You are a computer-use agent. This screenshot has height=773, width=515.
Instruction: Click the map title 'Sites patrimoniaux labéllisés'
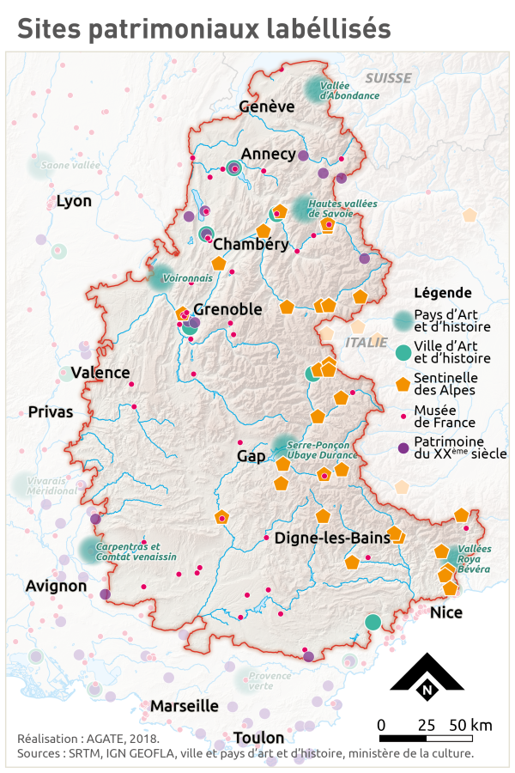(204, 28)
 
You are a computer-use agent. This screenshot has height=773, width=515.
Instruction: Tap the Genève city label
(267, 107)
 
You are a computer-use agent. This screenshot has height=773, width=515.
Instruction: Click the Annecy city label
(269, 154)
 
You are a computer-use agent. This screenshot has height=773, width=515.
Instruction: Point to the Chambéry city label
(251, 244)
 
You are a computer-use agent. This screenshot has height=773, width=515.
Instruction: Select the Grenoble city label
(227, 309)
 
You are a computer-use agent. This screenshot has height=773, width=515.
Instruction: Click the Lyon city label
(74, 202)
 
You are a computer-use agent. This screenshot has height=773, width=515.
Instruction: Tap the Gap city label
(251, 455)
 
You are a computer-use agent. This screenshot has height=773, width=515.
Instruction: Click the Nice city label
(445, 612)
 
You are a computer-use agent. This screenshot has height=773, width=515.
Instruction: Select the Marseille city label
(185, 706)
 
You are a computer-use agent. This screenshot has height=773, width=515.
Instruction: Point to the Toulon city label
(257, 738)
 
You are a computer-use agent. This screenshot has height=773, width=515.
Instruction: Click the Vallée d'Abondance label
(348, 91)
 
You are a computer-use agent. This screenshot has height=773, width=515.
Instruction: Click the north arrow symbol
(427, 673)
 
